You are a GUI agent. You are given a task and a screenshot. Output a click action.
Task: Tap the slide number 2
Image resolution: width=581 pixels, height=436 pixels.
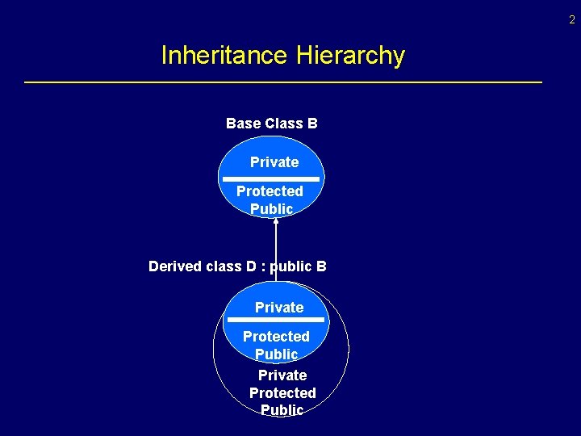click(x=572, y=19)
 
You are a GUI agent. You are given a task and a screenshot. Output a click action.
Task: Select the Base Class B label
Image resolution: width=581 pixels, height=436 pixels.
click(x=271, y=124)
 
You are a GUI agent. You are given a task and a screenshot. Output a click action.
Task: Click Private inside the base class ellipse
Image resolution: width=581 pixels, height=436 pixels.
click(x=274, y=162)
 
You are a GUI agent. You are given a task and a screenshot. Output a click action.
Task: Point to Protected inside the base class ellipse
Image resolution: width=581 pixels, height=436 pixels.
click(x=270, y=191)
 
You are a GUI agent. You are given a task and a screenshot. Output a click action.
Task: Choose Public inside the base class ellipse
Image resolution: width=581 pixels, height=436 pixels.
click(x=271, y=209)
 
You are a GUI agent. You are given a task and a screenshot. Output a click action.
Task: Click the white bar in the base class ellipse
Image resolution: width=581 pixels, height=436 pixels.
click(x=271, y=178)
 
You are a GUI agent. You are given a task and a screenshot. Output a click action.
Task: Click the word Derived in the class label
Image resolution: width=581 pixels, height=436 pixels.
click(x=173, y=266)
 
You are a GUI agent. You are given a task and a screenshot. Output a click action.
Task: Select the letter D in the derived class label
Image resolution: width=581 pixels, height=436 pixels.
click(x=252, y=266)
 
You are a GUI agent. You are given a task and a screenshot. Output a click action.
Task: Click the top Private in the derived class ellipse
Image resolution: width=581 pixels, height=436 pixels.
click(x=279, y=308)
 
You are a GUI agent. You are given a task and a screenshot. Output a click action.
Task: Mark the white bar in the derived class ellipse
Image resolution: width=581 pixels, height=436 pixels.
click(x=276, y=321)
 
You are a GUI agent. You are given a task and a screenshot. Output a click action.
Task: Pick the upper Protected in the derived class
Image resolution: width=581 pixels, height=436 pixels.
click(x=276, y=337)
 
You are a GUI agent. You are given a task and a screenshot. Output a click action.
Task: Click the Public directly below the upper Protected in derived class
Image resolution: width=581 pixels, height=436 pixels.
click(x=276, y=354)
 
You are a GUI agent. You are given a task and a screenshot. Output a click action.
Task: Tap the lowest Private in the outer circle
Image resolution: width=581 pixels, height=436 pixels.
click(x=282, y=375)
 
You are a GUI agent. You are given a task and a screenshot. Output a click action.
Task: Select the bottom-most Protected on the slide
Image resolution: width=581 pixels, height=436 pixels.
click(x=282, y=393)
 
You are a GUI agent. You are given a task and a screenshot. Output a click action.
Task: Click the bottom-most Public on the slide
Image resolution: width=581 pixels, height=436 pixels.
click(x=282, y=410)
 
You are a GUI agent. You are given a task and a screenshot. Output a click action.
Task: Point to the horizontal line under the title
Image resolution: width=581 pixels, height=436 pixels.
click(x=283, y=82)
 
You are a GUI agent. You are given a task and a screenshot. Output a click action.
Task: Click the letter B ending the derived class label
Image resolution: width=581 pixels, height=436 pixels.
click(x=321, y=266)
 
